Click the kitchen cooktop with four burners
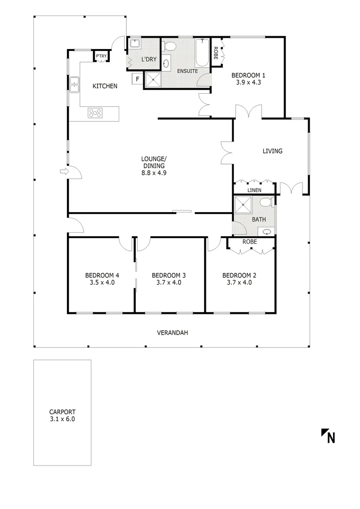[x=95, y=113]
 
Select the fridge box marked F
[x=137, y=79]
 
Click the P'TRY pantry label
[x=101, y=56]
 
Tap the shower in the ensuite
[x=153, y=80]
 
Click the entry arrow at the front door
[x=64, y=172]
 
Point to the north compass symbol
[x=328, y=436]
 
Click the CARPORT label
[x=62, y=411]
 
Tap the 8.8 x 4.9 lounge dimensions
[x=154, y=172]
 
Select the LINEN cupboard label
[x=254, y=190]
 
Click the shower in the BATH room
[x=244, y=205]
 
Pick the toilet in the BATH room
[x=266, y=203]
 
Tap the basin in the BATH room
[x=267, y=231]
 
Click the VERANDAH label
[x=172, y=333]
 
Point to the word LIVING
[x=272, y=151]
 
